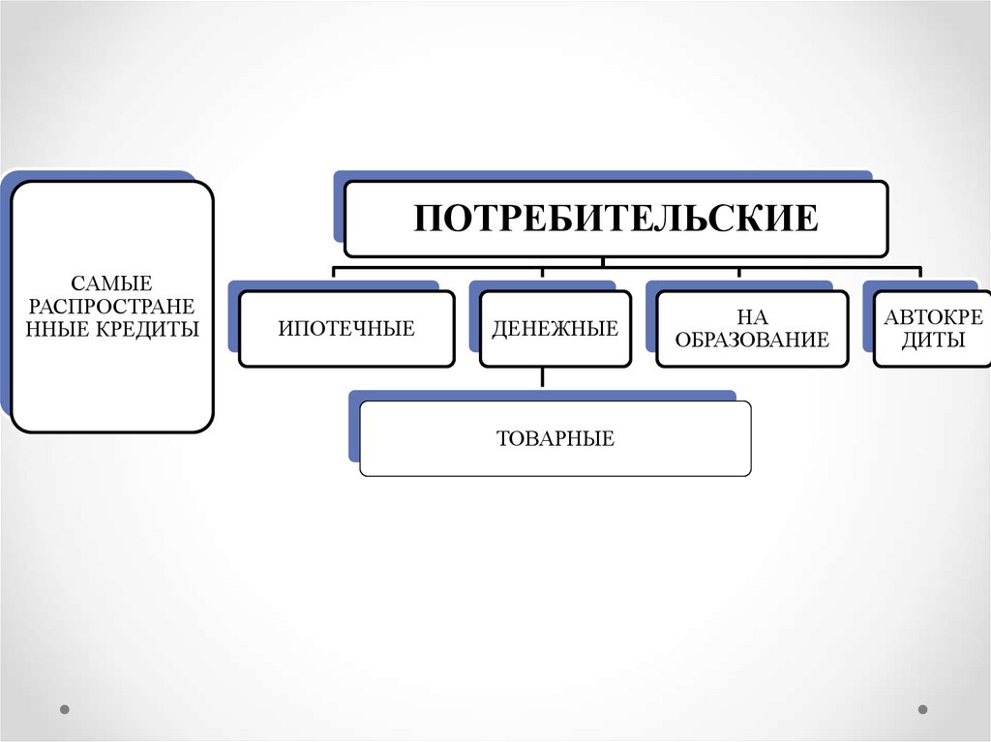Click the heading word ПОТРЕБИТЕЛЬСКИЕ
pos(616,218)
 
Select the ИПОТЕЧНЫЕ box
pos(346,329)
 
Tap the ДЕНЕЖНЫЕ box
pos(555,329)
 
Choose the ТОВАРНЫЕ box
pos(556,438)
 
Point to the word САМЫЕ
pos(112,284)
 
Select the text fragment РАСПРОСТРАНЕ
pos(112,307)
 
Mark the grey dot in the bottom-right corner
pos(922,709)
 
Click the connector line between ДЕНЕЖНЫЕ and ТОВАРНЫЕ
pos(543,377)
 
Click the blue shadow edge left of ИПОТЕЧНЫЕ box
pos(233,319)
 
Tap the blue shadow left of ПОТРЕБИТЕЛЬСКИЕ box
pos(339,208)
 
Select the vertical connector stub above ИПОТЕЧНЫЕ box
pos(334,273)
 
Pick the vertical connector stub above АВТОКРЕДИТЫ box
pos(918,273)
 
